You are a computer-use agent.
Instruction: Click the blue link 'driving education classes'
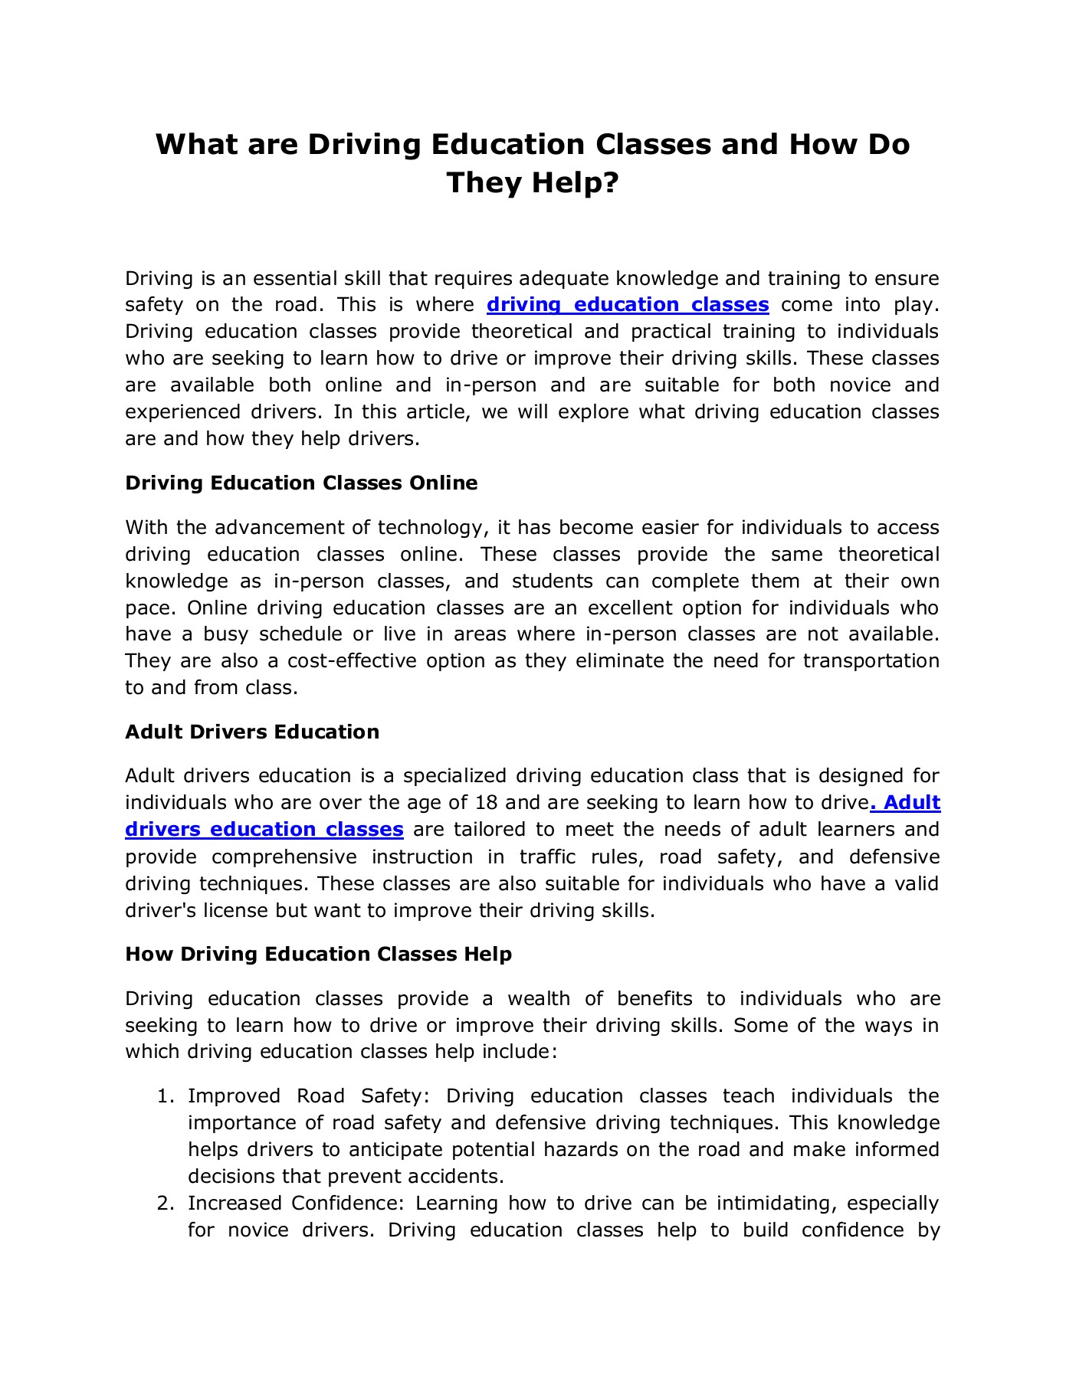click(x=628, y=305)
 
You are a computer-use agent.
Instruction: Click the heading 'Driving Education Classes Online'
click(x=301, y=483)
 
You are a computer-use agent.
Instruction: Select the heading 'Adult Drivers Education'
click(x=252, y=732)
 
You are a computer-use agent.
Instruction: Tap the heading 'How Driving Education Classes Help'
click(x=318, y=954)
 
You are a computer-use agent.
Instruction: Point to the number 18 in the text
click(x=487, y=803)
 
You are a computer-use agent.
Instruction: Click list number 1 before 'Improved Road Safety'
click(x=164, y=1096)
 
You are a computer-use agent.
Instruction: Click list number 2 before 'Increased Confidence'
click(x=164, y=1204)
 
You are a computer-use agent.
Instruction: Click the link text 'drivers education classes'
click(x=264, y=830)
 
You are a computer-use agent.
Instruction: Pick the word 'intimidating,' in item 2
click(x=775, y=1204)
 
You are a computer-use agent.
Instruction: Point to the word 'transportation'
click(x=871, y=661)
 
